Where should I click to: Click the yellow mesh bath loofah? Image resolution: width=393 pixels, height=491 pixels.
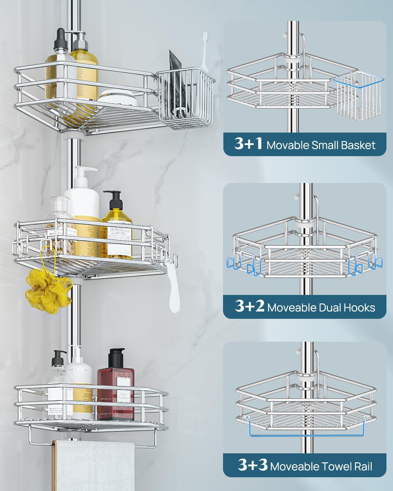tap(48, 290)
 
